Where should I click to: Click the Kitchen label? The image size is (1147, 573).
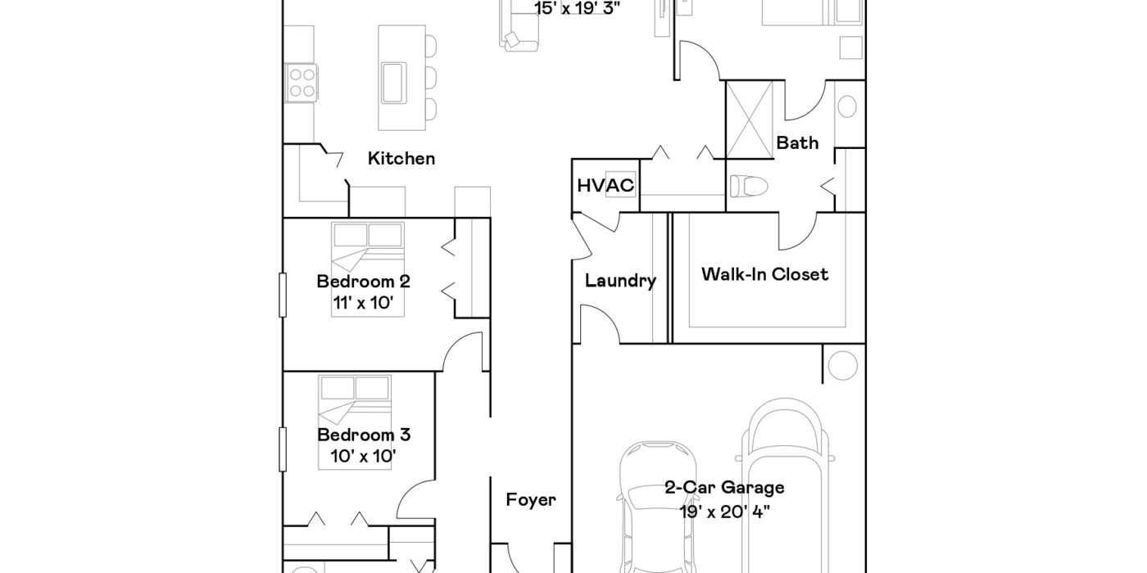tap(401, 159)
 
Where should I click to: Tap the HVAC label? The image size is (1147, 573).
tap(605, 185)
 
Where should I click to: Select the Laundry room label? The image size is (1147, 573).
tap(621, 281)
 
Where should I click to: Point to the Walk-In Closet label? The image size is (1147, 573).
tap(764, 274)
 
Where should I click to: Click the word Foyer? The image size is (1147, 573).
tap(531, 500)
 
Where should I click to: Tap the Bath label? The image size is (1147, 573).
tap(797, 142)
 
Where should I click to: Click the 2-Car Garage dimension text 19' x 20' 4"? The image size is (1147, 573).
tap(724, 512)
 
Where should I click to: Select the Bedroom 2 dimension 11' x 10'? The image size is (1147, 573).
tap(363, 303)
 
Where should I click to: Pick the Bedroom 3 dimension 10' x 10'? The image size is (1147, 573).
tap(363, 456)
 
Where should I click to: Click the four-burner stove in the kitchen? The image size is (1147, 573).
tap(301, 83)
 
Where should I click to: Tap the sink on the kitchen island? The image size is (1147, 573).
tap(394, 83)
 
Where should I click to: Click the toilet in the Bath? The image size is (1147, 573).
tap(749, 186)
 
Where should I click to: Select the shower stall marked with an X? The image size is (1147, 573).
tap(750, 120)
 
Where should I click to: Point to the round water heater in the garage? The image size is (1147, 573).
tap(842, 365)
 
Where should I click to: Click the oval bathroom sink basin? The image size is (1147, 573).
tap(847, 106)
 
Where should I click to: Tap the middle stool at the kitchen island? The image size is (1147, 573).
tap(431, 78)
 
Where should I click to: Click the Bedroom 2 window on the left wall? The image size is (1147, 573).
tap(282, 296)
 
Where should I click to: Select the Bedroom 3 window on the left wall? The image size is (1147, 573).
tap(282, 449)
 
